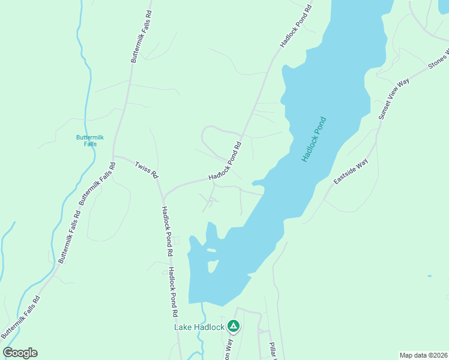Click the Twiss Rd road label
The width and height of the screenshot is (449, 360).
(x=146, y=170)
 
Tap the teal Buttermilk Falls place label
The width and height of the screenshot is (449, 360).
(x=90, y=140)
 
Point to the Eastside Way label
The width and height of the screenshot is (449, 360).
(x=351, y=172)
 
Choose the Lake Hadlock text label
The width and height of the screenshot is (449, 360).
(x=199, y=327)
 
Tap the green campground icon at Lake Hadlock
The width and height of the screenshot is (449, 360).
(x=234, y=326)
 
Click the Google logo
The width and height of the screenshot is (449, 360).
(x=20, y=353)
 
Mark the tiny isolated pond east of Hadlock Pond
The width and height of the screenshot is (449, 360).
(x=429, y=276)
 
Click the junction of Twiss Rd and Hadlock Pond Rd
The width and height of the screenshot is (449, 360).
(x=163, y=199)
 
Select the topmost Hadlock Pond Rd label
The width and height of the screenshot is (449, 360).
(x=297, y=25)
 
